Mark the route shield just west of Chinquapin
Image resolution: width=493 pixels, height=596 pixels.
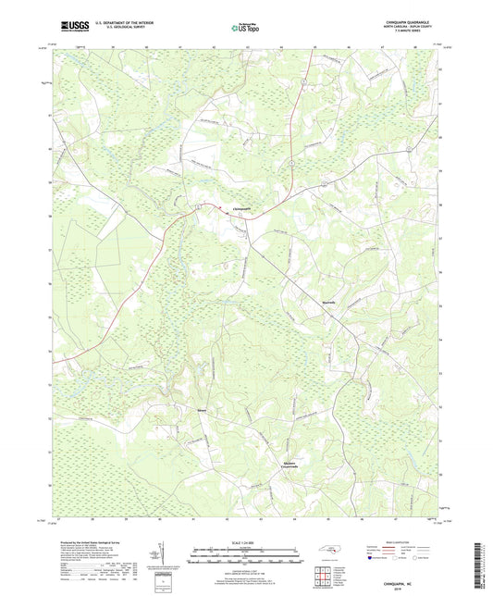pos(198,207)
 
